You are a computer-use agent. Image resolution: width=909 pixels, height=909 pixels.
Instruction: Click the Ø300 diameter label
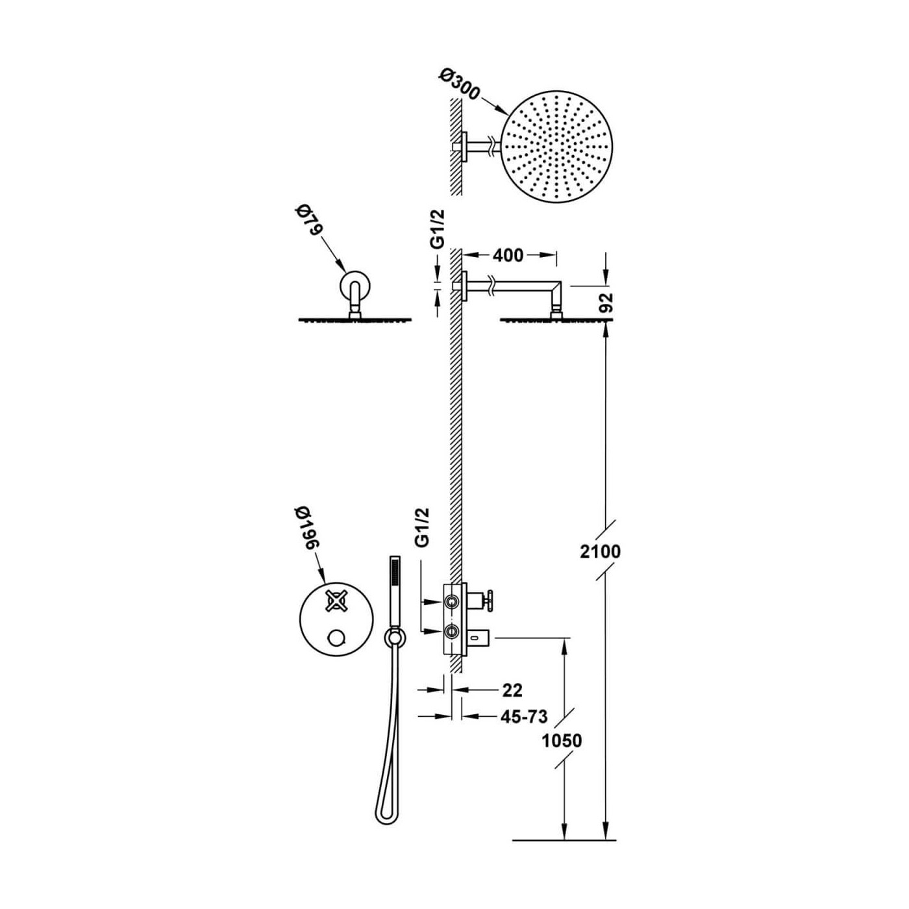[x=458, y=85]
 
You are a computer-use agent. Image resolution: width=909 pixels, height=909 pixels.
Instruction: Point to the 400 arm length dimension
[x=508, y=255]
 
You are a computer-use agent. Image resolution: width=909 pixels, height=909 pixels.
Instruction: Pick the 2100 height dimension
[x=600, y=551]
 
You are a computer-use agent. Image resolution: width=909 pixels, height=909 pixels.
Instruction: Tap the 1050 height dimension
[x=562, y=741]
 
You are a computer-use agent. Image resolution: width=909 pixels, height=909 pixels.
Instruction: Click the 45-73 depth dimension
[x=523, y=717]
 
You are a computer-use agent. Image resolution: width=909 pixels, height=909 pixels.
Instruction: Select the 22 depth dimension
[x=512, y=691]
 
